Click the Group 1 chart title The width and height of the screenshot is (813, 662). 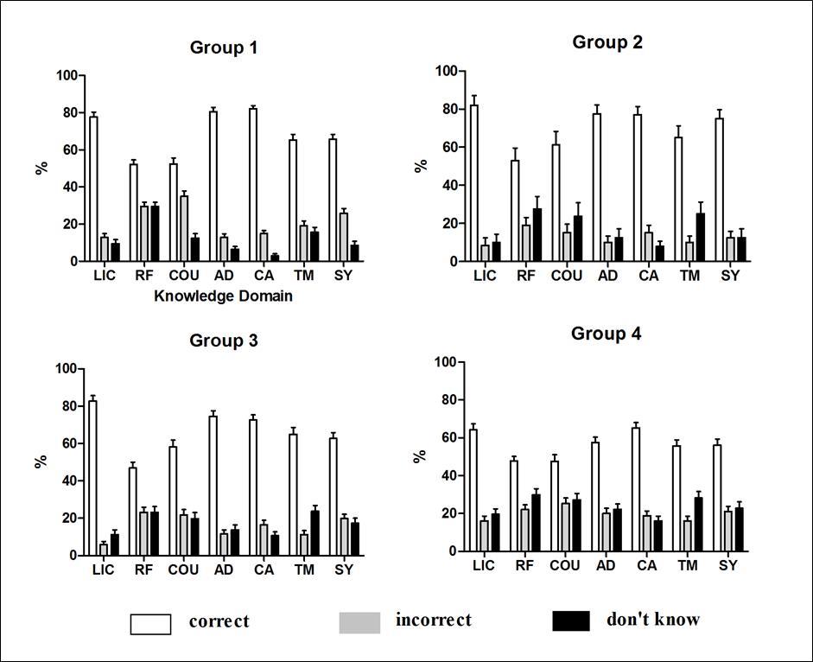223,48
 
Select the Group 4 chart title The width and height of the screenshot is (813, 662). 606,334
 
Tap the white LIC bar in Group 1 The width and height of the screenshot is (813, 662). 93,188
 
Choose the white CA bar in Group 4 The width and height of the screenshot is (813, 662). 636,489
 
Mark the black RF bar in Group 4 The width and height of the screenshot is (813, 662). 537,522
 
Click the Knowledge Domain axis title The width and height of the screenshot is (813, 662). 223,296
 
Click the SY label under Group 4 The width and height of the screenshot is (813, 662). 728,566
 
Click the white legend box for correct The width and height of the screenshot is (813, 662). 150,624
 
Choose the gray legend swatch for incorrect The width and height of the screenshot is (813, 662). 359,622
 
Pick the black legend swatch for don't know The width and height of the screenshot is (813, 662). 570,621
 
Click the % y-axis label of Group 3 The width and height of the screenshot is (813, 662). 41,461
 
